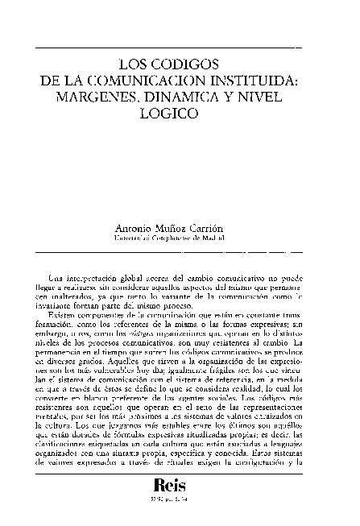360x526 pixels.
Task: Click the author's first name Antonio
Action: pyautogui.click(x=135, y=228)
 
